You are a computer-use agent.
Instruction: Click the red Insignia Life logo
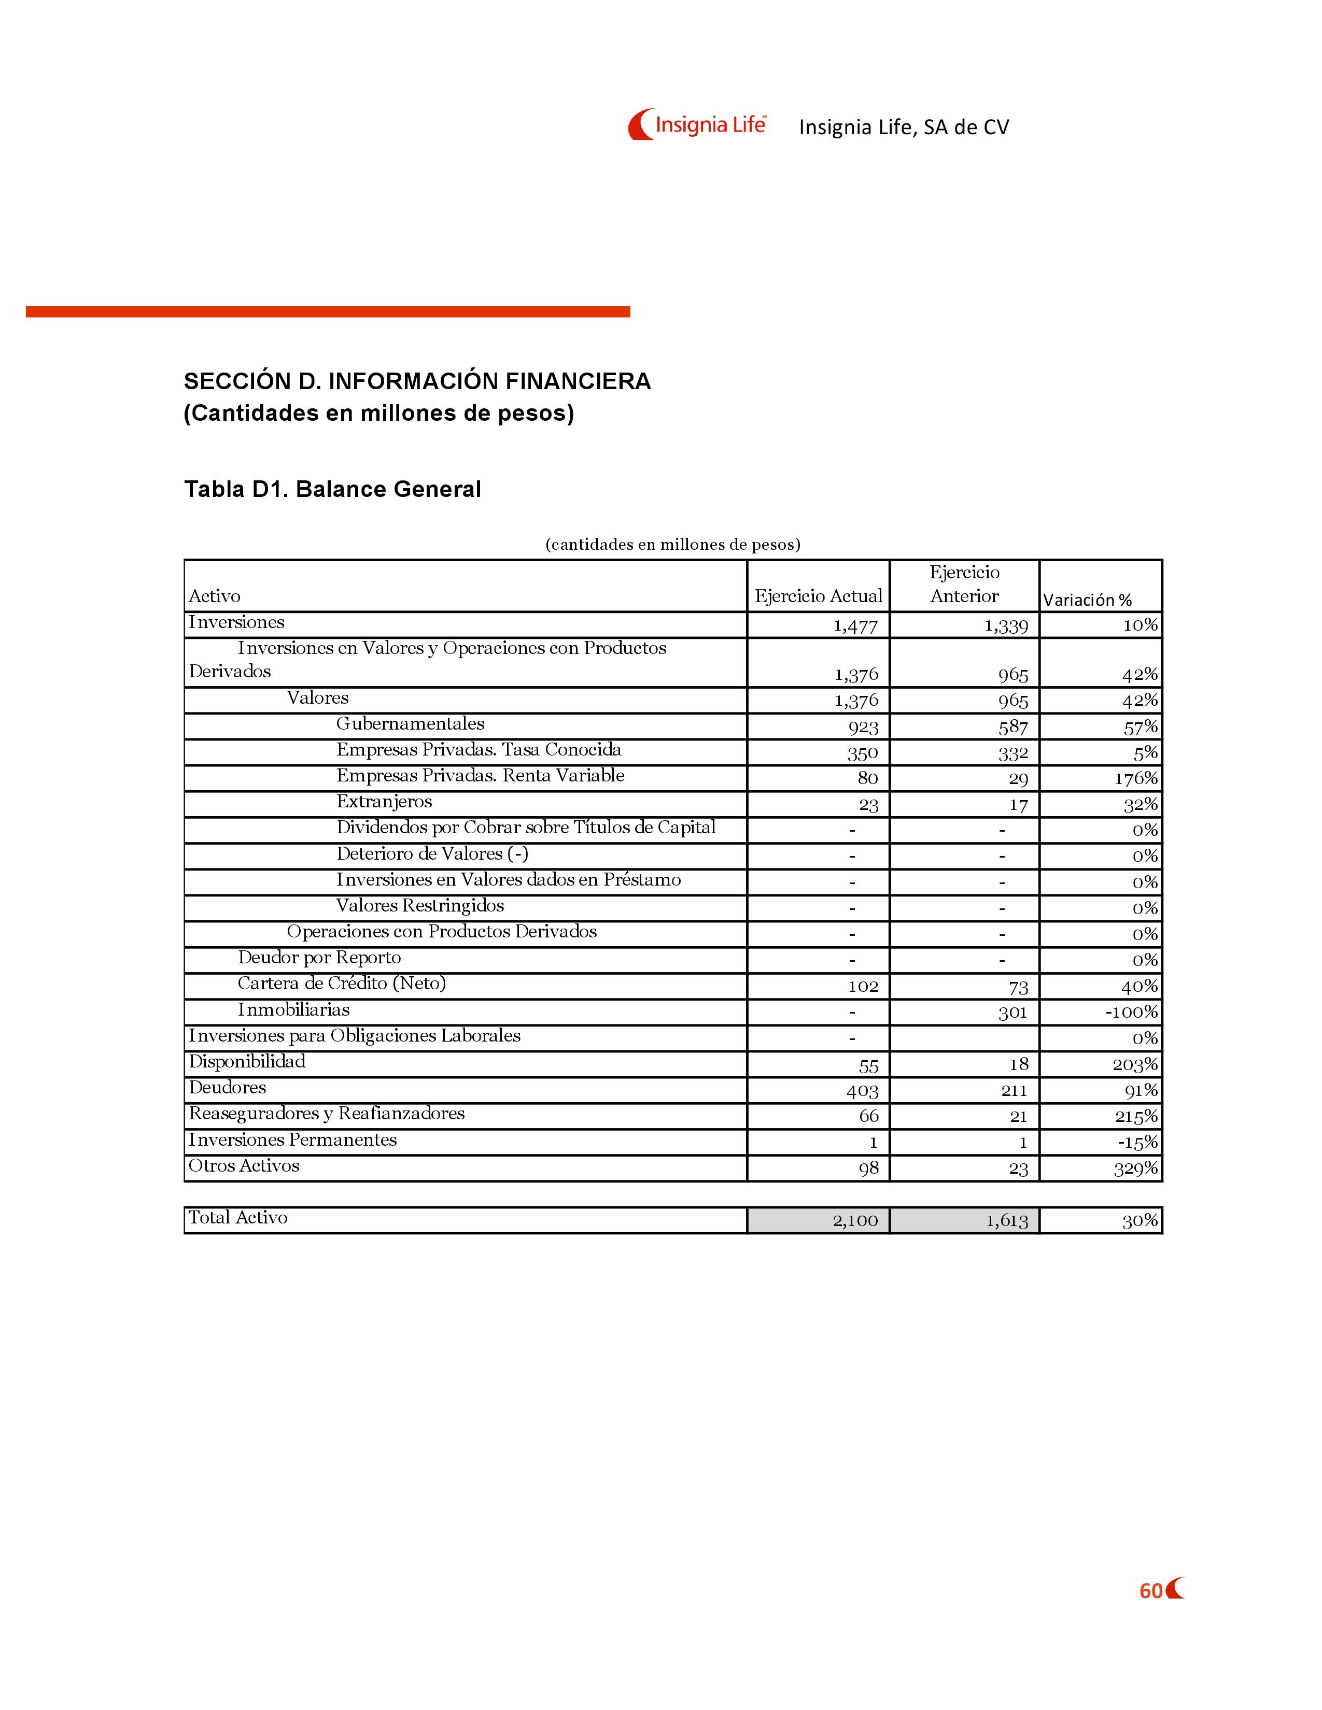[697, 124]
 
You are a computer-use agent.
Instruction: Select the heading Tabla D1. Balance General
[332, 489]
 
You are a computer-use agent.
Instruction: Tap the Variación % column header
[1087, 600]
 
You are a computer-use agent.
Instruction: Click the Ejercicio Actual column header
[819, 596]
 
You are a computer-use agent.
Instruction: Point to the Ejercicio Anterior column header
[964, 584]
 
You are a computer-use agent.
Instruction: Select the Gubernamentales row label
[411, 724]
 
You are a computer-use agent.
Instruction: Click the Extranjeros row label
[384, 802]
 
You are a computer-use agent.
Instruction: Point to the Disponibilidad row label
[247, 1062]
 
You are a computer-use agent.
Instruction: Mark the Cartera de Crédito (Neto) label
[342, 984]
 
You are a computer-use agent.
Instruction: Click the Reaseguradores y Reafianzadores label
[327, 1114]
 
